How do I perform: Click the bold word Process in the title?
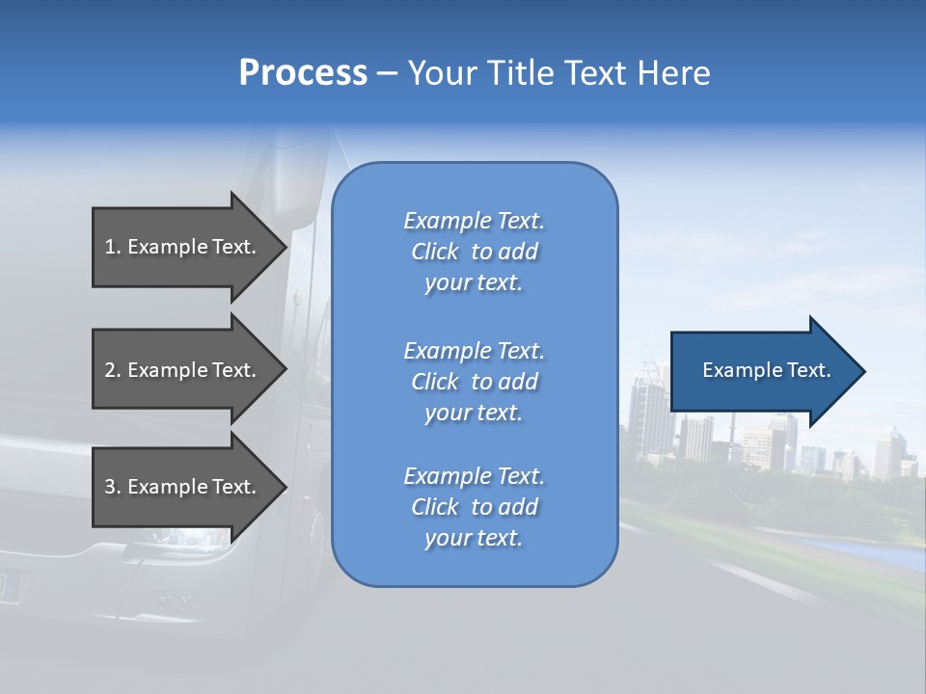point(303,72)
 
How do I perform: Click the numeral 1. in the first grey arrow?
point(113,247)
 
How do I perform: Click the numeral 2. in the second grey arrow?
point(113,370)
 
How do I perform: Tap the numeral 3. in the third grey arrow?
point(113,487)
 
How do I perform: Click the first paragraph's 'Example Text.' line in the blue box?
point(474,221)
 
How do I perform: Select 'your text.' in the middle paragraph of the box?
point(474,413)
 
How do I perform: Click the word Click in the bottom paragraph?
point(435,507)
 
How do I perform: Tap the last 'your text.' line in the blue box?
point(474,539)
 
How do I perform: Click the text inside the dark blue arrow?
point(767,370)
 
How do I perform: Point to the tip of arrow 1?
point(286,247)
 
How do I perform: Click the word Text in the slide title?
point(596,72)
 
